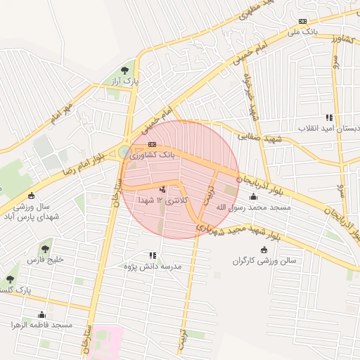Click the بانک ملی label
[x=303, y=32]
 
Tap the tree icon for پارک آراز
[x=125, y=70]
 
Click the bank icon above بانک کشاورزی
[x=152, y=145]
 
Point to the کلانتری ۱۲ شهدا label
[x=163, y=201]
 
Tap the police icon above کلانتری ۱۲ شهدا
[x=163, y=189]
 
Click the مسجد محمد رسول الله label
[x=252, y=208]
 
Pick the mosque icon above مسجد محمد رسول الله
[x=253, y=197]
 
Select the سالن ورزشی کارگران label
[x=265, y=261]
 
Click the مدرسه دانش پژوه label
[x=153, y=266]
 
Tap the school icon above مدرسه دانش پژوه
[x=153, y=255]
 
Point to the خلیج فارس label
[x=45, y=259]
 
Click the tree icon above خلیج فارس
[x=46, y=247]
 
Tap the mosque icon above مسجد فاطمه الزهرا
[x=41, y=314]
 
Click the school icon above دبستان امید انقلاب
[x=329, y=117]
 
